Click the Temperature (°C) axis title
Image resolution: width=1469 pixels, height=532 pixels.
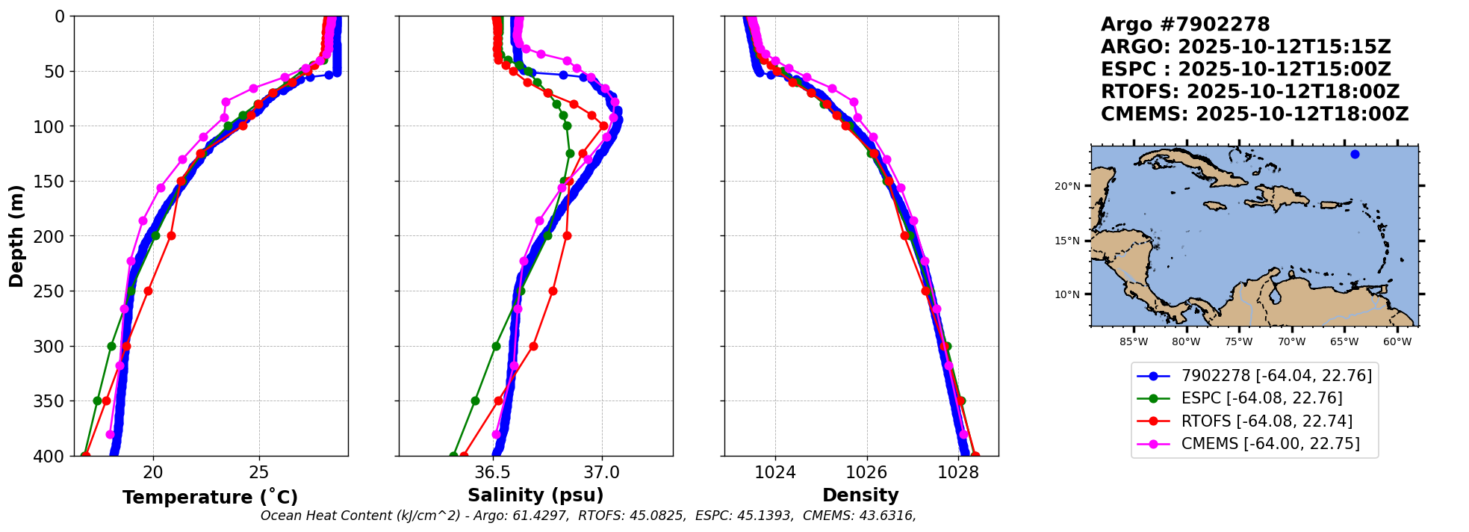(x=210, y=498)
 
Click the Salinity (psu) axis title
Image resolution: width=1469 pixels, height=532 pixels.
(x=535, y=495)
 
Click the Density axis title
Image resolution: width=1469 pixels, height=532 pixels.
(x=860, y=495)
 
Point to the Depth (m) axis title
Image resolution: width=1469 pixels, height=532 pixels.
(x=16, y=236)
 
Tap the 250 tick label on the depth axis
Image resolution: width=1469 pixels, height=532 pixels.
(x=52, y=291)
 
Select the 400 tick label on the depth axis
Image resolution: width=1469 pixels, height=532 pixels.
(x=52, y=456)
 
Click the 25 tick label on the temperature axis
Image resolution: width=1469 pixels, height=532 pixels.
(x=259, y=472)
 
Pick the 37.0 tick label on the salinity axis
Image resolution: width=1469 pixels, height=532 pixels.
(x=602, y=472)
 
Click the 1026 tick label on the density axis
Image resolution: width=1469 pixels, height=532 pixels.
(x=866, y=472)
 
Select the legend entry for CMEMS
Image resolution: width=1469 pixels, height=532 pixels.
(x=1270, y=444)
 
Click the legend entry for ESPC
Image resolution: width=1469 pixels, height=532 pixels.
(x=1261, y=398)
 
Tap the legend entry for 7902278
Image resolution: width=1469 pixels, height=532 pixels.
(x=1276, y=376)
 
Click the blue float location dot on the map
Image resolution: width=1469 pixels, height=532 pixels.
(x=1355, y=155)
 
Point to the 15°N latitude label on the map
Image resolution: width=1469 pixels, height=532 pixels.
(x=1067, y=241)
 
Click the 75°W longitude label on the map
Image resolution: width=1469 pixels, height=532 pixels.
(x=1239, y=342)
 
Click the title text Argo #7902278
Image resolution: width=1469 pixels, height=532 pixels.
(x=1185, y=25)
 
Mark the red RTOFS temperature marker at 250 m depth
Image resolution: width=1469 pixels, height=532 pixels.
(x=148, y=291)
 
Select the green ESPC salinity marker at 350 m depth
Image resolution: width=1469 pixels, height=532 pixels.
(x=475, y=400)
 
